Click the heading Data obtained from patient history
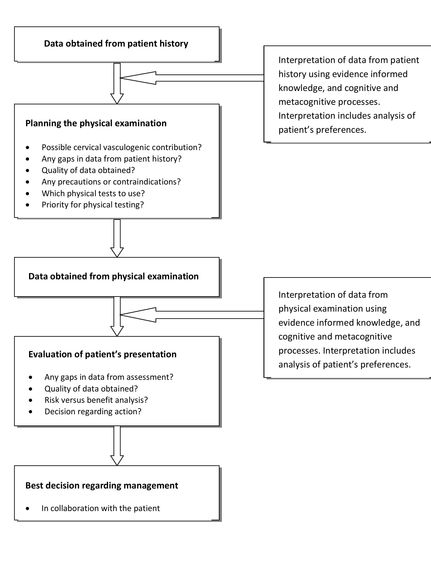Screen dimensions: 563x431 pos(116,44)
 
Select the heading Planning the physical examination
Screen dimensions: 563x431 pos(96,123)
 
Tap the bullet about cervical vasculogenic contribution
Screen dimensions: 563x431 pos(121,147)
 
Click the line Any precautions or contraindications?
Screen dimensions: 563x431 pos(111,182)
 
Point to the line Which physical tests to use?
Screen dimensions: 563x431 pos(93,193)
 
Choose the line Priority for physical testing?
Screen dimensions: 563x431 pos(93,205)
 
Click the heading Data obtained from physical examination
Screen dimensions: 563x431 pos(113,276)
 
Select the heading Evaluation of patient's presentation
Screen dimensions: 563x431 pos(102,354)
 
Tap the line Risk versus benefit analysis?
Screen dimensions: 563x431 pos(96,400)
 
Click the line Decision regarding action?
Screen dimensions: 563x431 pos(93,411)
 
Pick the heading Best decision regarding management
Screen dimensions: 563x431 pos(102,485)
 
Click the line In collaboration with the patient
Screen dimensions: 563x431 pos(101,508)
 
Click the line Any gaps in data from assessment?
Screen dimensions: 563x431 pos(109,377)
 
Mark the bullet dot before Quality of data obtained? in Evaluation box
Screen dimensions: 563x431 pos(31,389)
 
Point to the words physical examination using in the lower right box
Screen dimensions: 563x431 pos(332,309)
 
